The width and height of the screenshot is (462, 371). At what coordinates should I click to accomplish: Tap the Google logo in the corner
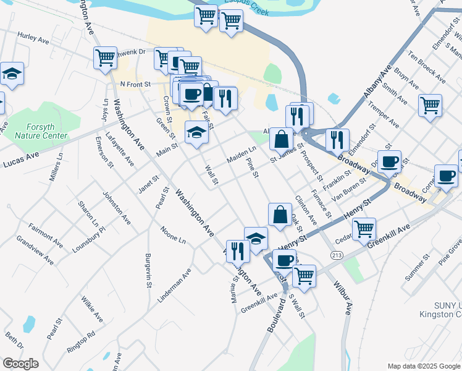pyautogui.click(x=20, y=364)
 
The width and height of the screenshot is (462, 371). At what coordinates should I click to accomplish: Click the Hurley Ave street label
pyautogui.click(x=33, y=38)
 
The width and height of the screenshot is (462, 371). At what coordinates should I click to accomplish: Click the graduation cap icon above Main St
pyautogui.click(x=197, y=133)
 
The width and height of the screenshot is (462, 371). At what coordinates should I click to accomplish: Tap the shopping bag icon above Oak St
pyautogui.click(x=280, y=215)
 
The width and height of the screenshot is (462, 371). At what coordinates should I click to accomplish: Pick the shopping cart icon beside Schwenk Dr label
pyautogui.click(x=106, y=58)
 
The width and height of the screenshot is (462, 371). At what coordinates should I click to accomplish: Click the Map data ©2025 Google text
pyautogui.click(x=423, y=365)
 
